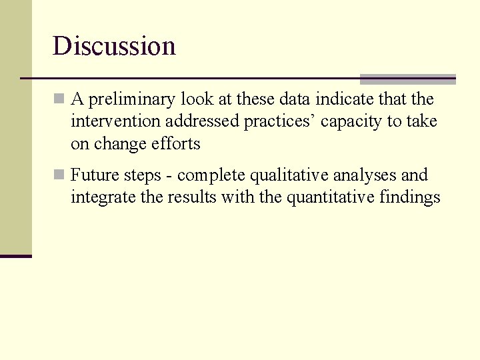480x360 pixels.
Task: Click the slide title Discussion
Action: pyautogui.click(x=114, y=46)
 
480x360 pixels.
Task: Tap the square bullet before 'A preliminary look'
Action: pyautogui.click(x=59, y=99)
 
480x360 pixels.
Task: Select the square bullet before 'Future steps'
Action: pyautogui.click(x=59, y=175)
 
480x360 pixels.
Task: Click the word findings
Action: pyautogui.click(x=409, y=198)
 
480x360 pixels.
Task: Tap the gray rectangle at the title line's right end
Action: pyautogui.click(x=407, y=79)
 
